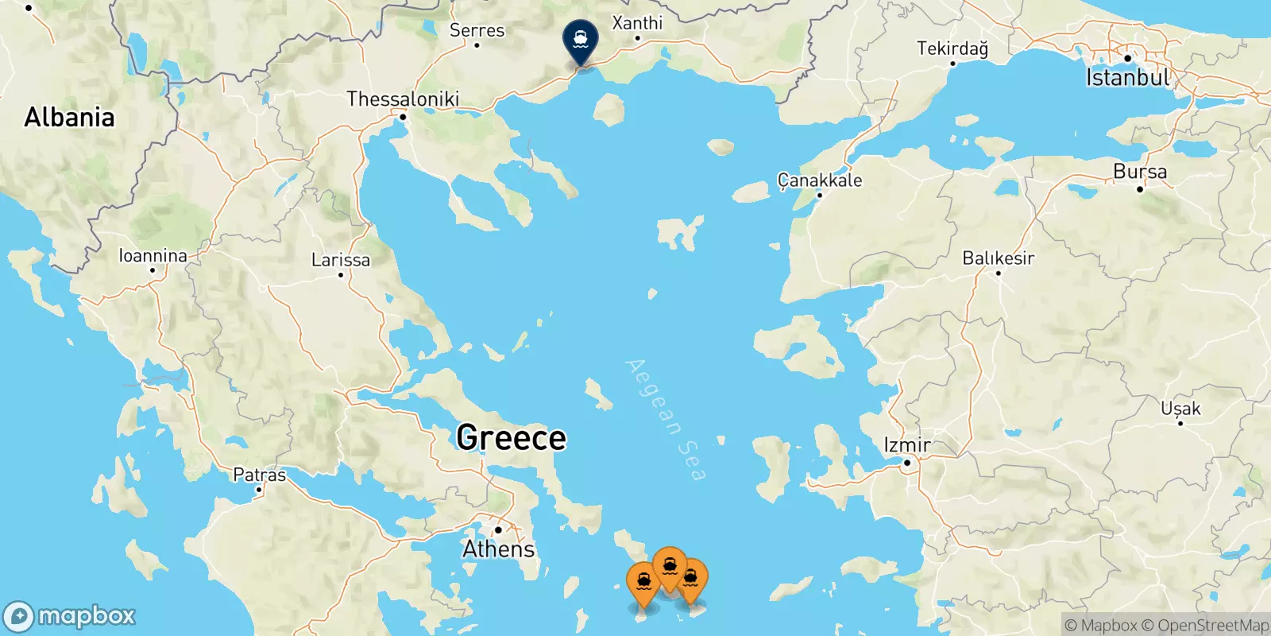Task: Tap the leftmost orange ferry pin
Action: [643, 584]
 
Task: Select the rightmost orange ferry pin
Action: [691, 579]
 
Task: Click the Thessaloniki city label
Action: [403, 99]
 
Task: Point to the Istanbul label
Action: [1128, 77]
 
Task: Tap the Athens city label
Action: [499, 549]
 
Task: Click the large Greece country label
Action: [512, 438]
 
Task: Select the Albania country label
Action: [69, 118]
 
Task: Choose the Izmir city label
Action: [907, 446]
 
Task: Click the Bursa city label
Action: [1140, 172]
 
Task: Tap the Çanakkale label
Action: [819, 180]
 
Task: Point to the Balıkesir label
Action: [998, 258]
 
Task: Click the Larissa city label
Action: [341, 260]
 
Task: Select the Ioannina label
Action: [153, 256]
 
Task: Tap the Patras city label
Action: [259, 475]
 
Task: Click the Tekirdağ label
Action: [952, 48]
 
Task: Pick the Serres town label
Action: [477, 30]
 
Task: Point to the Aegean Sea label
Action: [666, 420]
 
